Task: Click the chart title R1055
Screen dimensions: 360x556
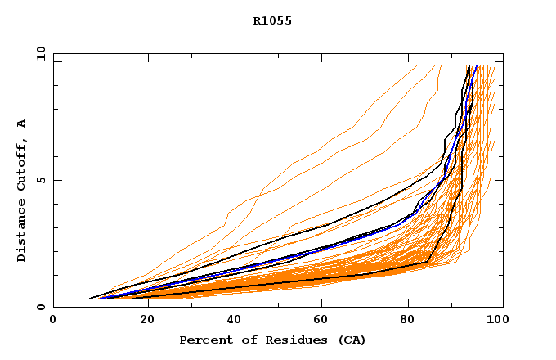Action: point(272,21)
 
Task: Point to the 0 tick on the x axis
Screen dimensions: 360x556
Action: point(53,320)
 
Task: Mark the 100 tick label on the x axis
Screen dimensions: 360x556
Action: point(495,320)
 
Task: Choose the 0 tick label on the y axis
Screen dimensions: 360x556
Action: point(40,308)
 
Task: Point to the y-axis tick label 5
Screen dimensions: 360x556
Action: point(40,180)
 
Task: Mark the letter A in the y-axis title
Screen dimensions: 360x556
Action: point(22,124)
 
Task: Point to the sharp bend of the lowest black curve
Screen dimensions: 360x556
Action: point(428,262)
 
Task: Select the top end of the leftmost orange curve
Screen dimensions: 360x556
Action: point(442,66)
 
